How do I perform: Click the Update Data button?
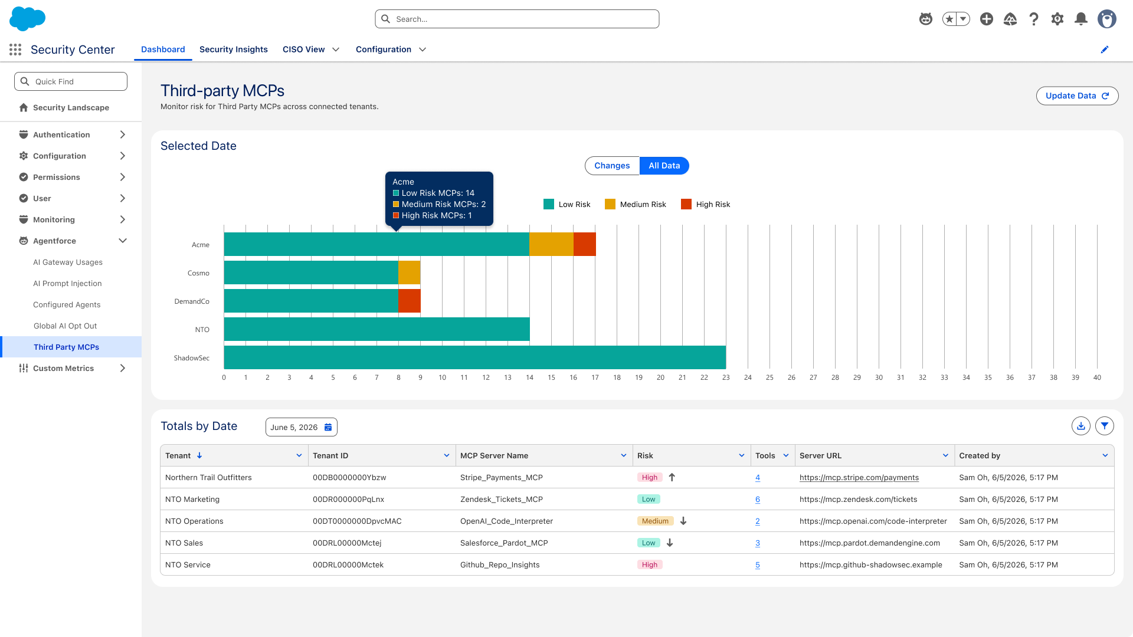1077,96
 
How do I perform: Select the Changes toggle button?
612,166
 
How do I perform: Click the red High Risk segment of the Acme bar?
584,244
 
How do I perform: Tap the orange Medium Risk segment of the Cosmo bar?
410,272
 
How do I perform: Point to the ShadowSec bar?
475,357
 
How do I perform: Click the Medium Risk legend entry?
636,204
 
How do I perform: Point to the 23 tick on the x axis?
726,377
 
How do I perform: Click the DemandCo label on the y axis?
192,301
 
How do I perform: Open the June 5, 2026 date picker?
302,427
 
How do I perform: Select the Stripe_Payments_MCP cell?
502,478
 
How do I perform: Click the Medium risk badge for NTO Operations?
655,521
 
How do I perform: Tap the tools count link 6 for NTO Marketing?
758,500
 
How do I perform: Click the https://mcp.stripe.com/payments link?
859,478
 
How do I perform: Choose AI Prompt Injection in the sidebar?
67,283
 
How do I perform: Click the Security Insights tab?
234,50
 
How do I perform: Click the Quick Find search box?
71,81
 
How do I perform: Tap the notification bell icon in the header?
1081,19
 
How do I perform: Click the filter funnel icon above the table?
1105,426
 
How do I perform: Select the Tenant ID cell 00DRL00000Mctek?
348,565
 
